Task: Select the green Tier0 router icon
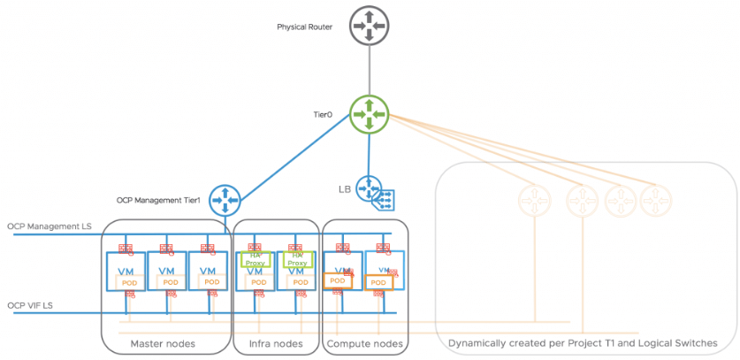369,115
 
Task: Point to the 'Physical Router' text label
304,27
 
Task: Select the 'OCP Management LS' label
50,227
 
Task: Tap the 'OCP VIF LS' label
29,305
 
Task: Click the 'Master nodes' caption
164,343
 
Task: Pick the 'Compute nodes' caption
365,343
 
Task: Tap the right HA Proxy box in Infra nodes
298,259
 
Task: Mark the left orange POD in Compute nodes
337,280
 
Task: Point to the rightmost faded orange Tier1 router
654,199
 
